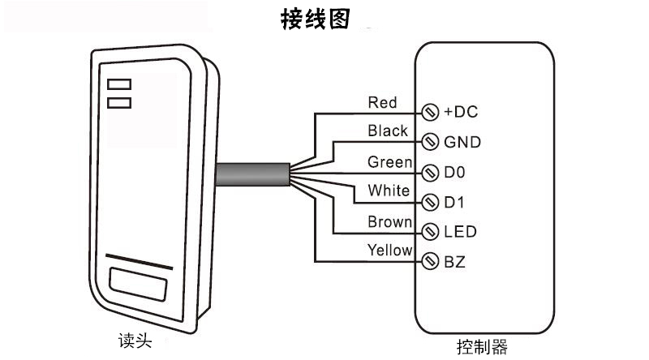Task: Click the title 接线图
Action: click(x=316, y=19)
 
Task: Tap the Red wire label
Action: click(x=382, y=102)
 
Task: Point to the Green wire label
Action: click(x=390, y=161)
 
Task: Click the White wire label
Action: click(x=389, y=191)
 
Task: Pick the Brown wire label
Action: click(x=390, y=221)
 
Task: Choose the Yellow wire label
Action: click(x=390, y=251)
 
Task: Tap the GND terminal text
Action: click(x=462, y=143)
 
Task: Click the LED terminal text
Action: click(x=460, y=232)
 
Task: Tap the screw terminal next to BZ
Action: click(x=430, y=262)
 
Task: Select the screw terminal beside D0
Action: click(x=430, y=172)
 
